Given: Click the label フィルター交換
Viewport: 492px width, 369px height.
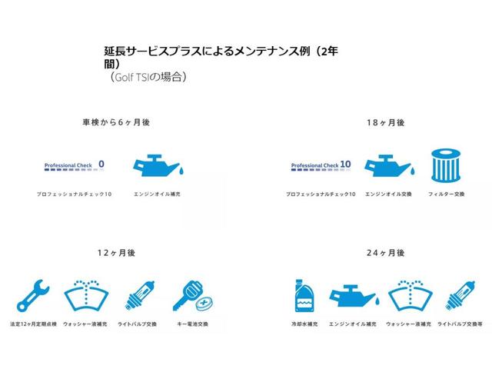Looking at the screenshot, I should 447,194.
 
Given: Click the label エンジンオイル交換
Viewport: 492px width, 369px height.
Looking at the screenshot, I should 388,194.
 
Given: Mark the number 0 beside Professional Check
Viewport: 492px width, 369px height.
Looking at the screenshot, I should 101,164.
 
